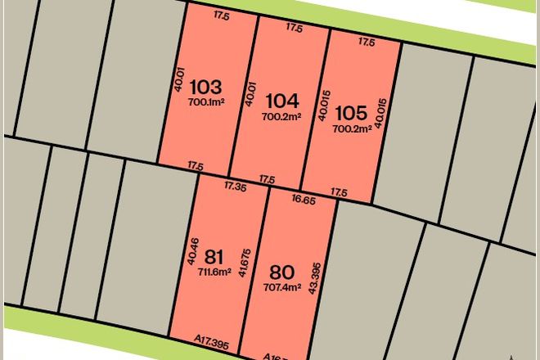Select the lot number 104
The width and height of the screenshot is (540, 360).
[x=283, y=101]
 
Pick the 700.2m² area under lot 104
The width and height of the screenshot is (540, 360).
[x=282, y=116]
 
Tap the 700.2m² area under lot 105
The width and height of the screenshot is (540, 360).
[x=352, y=127]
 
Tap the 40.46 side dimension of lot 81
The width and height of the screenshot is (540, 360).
[x=191, y=251]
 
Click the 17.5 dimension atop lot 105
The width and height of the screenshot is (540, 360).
[x=367, y=41]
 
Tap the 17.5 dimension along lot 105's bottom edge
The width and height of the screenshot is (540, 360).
[x=339, y=192]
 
